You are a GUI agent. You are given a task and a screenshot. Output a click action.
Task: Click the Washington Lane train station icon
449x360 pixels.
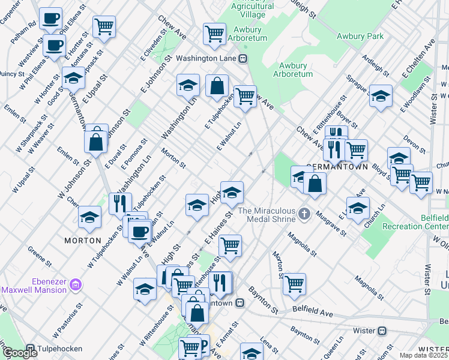tap(243, 59)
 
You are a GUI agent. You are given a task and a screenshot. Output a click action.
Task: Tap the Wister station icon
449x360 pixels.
tap(381, 331)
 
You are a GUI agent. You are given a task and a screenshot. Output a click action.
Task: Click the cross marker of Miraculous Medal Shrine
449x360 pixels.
tap(304, 214)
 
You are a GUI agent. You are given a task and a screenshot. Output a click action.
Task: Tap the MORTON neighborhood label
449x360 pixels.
tap(83, 240)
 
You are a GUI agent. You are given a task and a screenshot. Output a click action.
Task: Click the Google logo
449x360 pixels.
tap(20, 353)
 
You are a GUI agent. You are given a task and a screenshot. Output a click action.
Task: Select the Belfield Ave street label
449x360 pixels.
tap(312, 313)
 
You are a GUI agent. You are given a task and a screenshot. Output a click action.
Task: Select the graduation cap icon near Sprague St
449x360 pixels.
tap(381, 96)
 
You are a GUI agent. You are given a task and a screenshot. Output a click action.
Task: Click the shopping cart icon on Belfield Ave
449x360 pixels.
tap(294, 284)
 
